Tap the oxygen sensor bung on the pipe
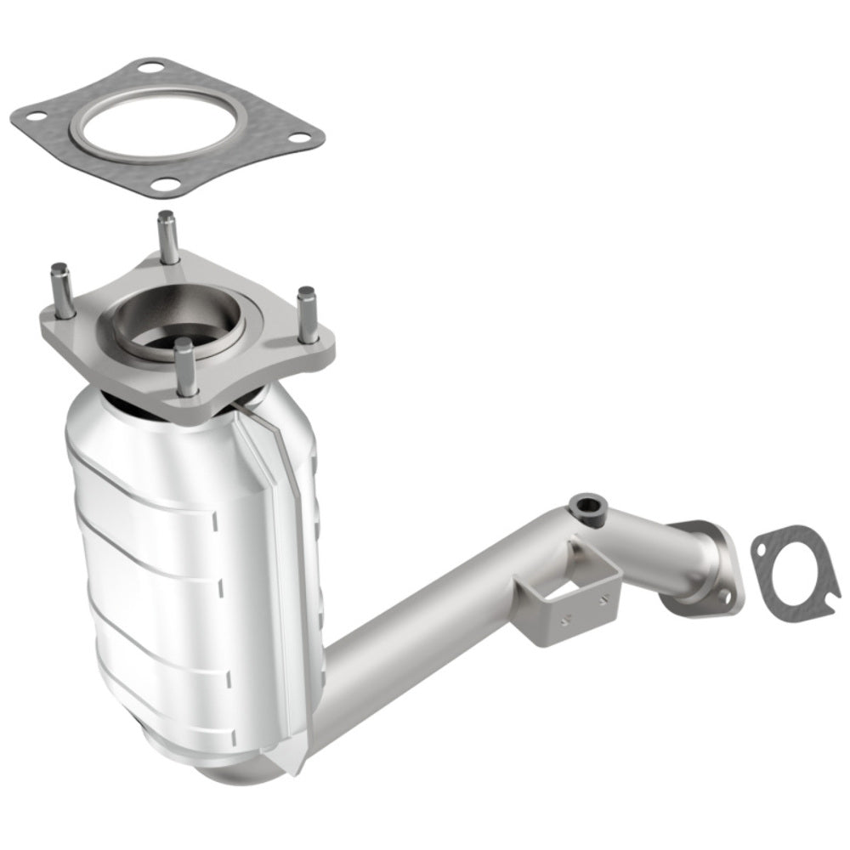[x=586, y=506]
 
